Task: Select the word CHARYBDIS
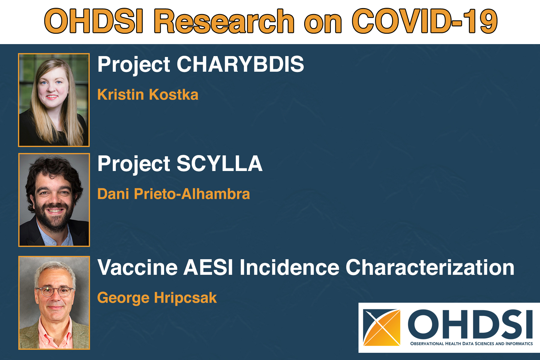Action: tap(240, 64)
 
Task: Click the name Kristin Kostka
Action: tap(148, 95)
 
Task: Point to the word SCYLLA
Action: tap(219, 164)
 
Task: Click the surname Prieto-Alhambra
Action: tap(192, 194)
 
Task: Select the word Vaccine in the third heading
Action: tap(137, 267)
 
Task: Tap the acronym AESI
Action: tap(208, 267)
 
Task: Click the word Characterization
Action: tap(430, 267)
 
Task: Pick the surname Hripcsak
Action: tap(185, 298)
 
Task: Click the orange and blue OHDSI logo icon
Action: tap(382, 328)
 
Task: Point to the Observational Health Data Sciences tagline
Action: tap(471, 344)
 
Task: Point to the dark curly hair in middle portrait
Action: tap(54, 169)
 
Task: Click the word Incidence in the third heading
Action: tap(289, 267)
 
